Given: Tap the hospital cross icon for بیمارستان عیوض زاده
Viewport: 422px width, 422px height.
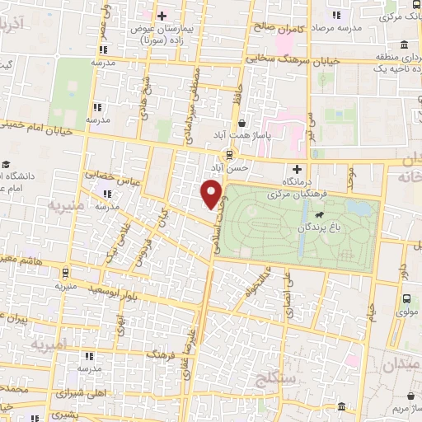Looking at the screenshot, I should tap(162, 16).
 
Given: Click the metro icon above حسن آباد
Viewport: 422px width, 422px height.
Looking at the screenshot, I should tap(229, 154).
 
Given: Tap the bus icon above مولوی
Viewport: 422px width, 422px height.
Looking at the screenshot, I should tap(406, 300).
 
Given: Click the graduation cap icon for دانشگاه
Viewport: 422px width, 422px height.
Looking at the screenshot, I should tap(7, 165).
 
